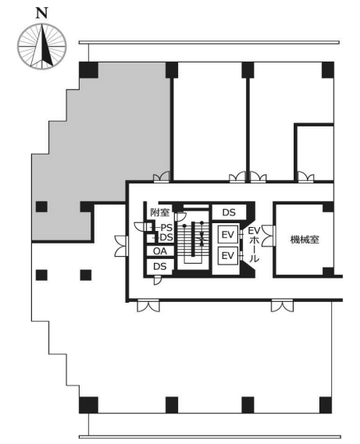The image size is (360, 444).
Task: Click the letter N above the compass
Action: [x=42, y=13]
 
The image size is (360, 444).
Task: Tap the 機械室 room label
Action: [x=305, y=240]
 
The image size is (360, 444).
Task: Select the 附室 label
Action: [x=159, y=212]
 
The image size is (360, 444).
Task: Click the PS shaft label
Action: [x=166, y=228]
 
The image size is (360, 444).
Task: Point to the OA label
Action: [x=160, y=251]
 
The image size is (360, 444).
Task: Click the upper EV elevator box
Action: [x=228, y=234]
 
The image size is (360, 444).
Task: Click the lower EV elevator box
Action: [x=228, y=256]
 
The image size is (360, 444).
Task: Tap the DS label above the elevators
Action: [x=229, y=212]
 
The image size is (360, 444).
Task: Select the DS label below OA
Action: [x=159, y=266]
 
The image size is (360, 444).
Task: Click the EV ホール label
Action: [x=255, y=244]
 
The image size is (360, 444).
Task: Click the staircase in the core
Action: [x=193, y=243]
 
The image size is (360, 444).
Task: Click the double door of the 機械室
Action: [x=268, y=236]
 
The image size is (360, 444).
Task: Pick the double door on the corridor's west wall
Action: [x=121, y=246]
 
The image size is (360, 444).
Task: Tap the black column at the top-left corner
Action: [x=88, y=71]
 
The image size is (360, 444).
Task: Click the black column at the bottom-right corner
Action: [x=326, y=405]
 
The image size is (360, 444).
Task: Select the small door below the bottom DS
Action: [x=157, y=280]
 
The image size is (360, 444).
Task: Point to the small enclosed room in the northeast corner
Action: [x=315, y=152]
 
